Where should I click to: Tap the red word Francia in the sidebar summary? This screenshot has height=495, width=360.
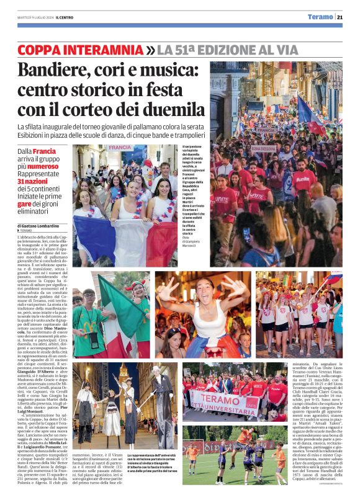(44, 151)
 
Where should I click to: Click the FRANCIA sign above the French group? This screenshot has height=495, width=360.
(119, 148)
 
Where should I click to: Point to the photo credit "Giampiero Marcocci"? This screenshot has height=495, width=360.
(194, 259)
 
